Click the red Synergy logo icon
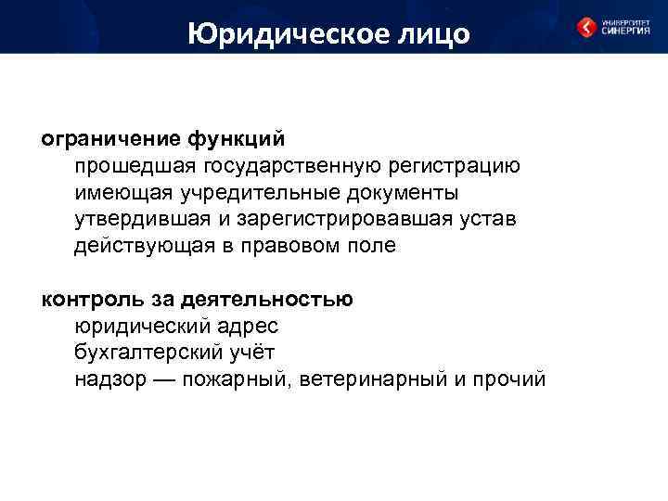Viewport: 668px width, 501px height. [x=586, y=28]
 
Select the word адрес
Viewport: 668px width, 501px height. [x=249, y=328]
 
